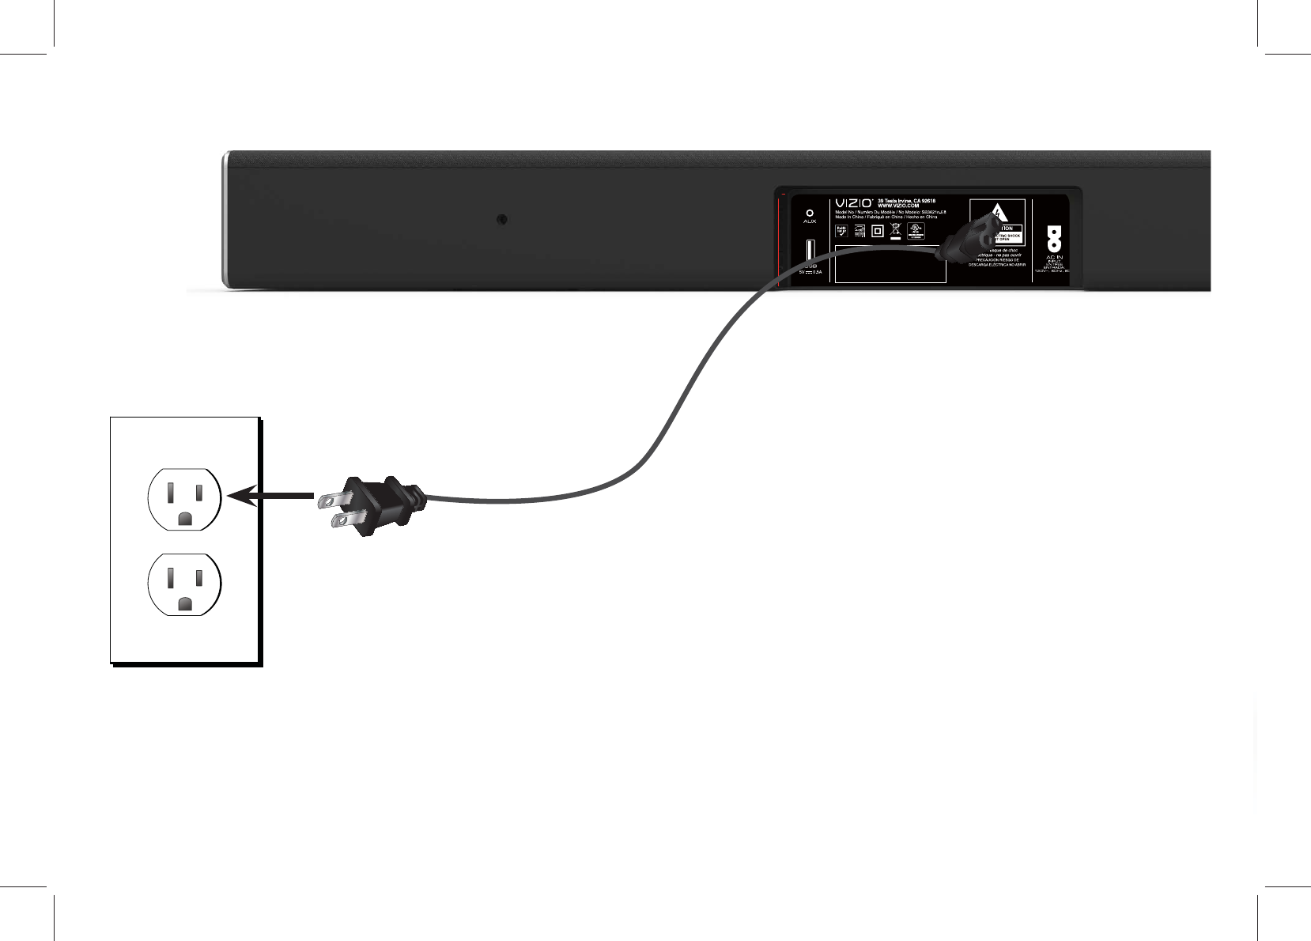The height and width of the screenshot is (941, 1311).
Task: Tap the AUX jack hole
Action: point(809,212)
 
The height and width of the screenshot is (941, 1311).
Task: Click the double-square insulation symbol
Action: point(877,231)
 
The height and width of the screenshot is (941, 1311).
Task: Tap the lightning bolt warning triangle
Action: point(998,212)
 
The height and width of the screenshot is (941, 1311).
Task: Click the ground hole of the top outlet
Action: point(185,519)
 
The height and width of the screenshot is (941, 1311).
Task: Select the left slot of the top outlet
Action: point(170,492)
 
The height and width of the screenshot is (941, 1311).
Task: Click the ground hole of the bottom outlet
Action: point(185,603)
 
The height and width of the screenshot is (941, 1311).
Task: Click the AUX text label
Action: point(809,222)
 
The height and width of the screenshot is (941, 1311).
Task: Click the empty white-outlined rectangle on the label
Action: point(891,263)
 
